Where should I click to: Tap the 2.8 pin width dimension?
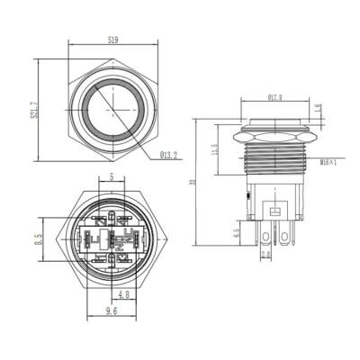(265, 255)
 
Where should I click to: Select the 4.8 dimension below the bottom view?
(123, 292)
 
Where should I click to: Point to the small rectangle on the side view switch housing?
(275, 212)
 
